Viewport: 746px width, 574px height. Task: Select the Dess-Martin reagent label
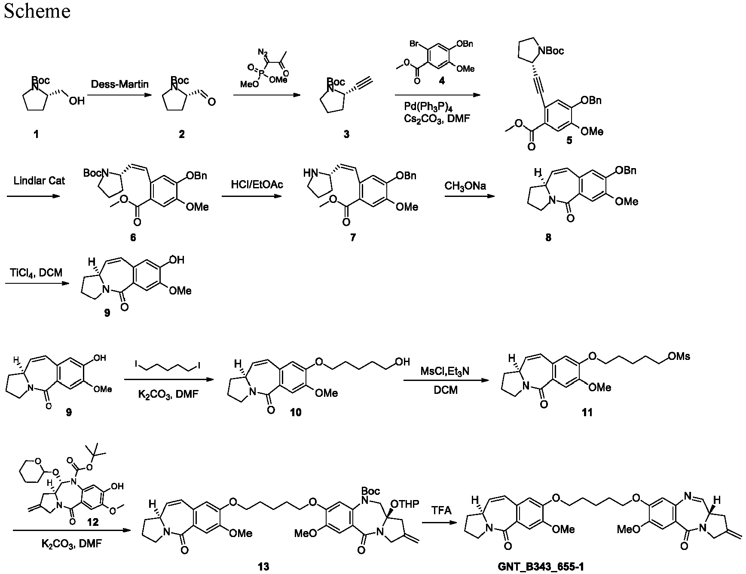120,84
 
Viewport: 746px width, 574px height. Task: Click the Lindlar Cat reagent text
39,181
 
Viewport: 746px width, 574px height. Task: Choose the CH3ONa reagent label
465,186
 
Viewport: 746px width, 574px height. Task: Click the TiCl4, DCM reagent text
37,273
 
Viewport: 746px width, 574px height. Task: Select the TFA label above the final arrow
442,510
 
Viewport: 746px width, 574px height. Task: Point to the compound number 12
93,522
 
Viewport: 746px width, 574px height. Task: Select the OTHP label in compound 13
406,503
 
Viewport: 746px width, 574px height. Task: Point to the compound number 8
548,237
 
